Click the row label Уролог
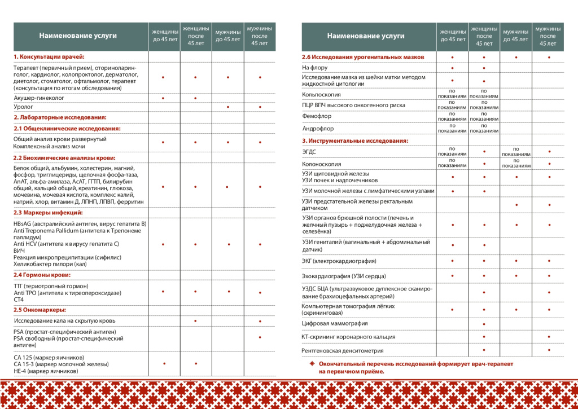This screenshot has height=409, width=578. coord(24,106)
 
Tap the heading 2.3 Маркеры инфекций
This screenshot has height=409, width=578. coord(48,213)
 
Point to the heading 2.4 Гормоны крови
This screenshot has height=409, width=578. coord(42,275)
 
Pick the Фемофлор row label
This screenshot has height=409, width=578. coord(317,116)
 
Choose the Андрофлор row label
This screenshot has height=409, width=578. coord(318,129)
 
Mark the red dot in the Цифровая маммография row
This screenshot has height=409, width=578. coord(484,324)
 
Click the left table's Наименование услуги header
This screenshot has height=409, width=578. coord(78,36)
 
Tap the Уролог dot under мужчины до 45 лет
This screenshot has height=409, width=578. coord(227,107)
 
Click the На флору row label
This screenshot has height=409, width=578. coord(315,68)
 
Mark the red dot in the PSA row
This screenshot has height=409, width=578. coord(260,337)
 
